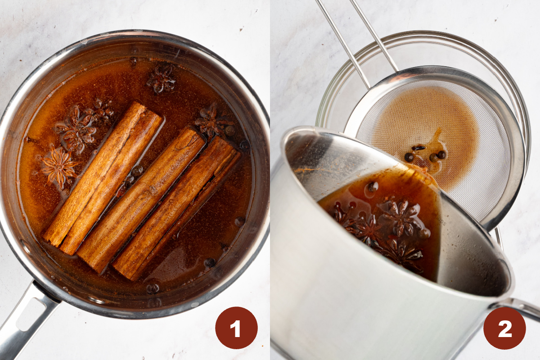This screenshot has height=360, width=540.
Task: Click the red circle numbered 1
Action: (236, 328)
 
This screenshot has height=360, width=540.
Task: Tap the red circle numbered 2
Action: (504, 328)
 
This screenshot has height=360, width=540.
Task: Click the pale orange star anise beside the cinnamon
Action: (58, 167)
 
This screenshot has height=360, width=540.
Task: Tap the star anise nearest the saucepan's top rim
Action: (161, 79)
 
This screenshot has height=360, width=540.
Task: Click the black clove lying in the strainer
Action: (418, 148)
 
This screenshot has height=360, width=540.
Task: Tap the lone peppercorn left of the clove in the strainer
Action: (409, 157)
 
